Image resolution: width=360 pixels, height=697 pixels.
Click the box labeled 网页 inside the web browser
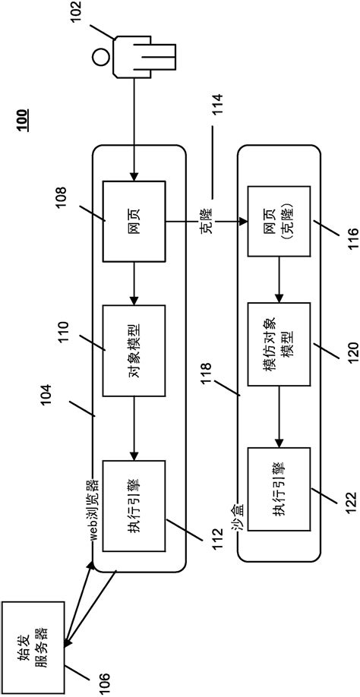click(133, 222)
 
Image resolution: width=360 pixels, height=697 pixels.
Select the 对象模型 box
click(133, 350)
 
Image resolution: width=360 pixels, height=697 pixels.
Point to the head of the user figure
click(99, 55)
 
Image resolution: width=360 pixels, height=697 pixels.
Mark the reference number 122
click(338, 507)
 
